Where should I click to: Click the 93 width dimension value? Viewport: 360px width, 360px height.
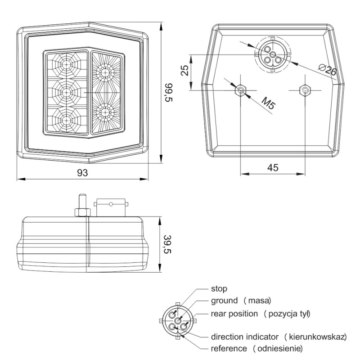82,173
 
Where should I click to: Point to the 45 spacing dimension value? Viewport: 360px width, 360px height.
273,167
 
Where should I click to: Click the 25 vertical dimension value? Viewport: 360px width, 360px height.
184,71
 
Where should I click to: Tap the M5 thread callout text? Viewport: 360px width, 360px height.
269,106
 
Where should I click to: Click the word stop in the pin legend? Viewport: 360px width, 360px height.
219,288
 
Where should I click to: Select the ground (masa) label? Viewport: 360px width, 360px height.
240,300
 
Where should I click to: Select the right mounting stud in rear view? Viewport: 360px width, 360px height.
306,90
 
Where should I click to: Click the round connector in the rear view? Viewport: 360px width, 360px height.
272,54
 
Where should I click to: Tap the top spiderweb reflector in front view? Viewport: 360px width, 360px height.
67,65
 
